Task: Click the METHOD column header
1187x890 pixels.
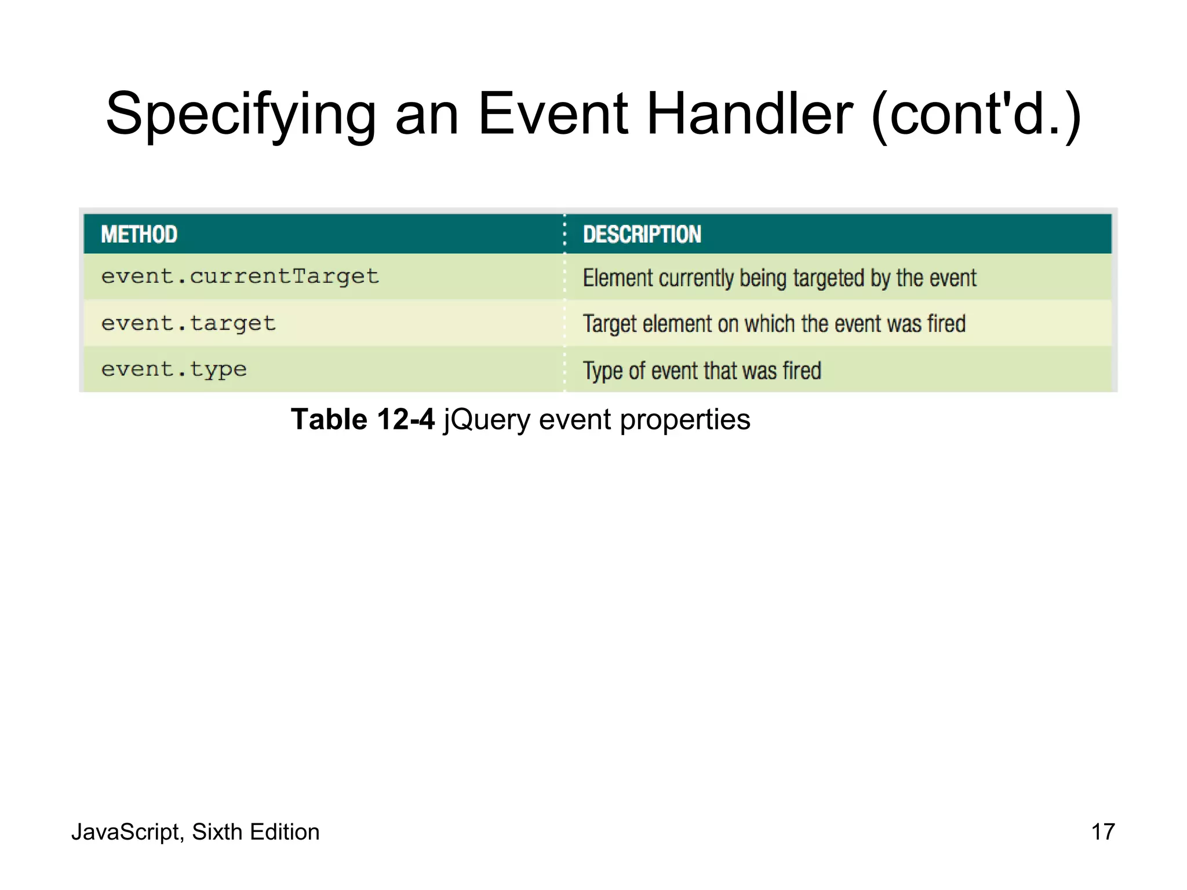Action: point(139,235)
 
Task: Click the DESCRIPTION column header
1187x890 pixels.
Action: point(642,235)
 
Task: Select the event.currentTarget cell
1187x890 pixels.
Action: point(240,277)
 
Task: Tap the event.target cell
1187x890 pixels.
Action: point(188,323)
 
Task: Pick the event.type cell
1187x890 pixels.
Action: point(174,370)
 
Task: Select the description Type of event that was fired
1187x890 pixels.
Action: point(702,371)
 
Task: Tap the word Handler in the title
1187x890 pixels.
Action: point(749,114)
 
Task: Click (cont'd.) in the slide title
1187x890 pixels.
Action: point(976,114)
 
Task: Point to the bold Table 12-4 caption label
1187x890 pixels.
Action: point(362,420)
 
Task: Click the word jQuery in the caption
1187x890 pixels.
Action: point(486,420)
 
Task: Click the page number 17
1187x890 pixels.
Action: point(1102,832)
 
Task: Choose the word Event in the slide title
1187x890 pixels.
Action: point(553,114)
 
